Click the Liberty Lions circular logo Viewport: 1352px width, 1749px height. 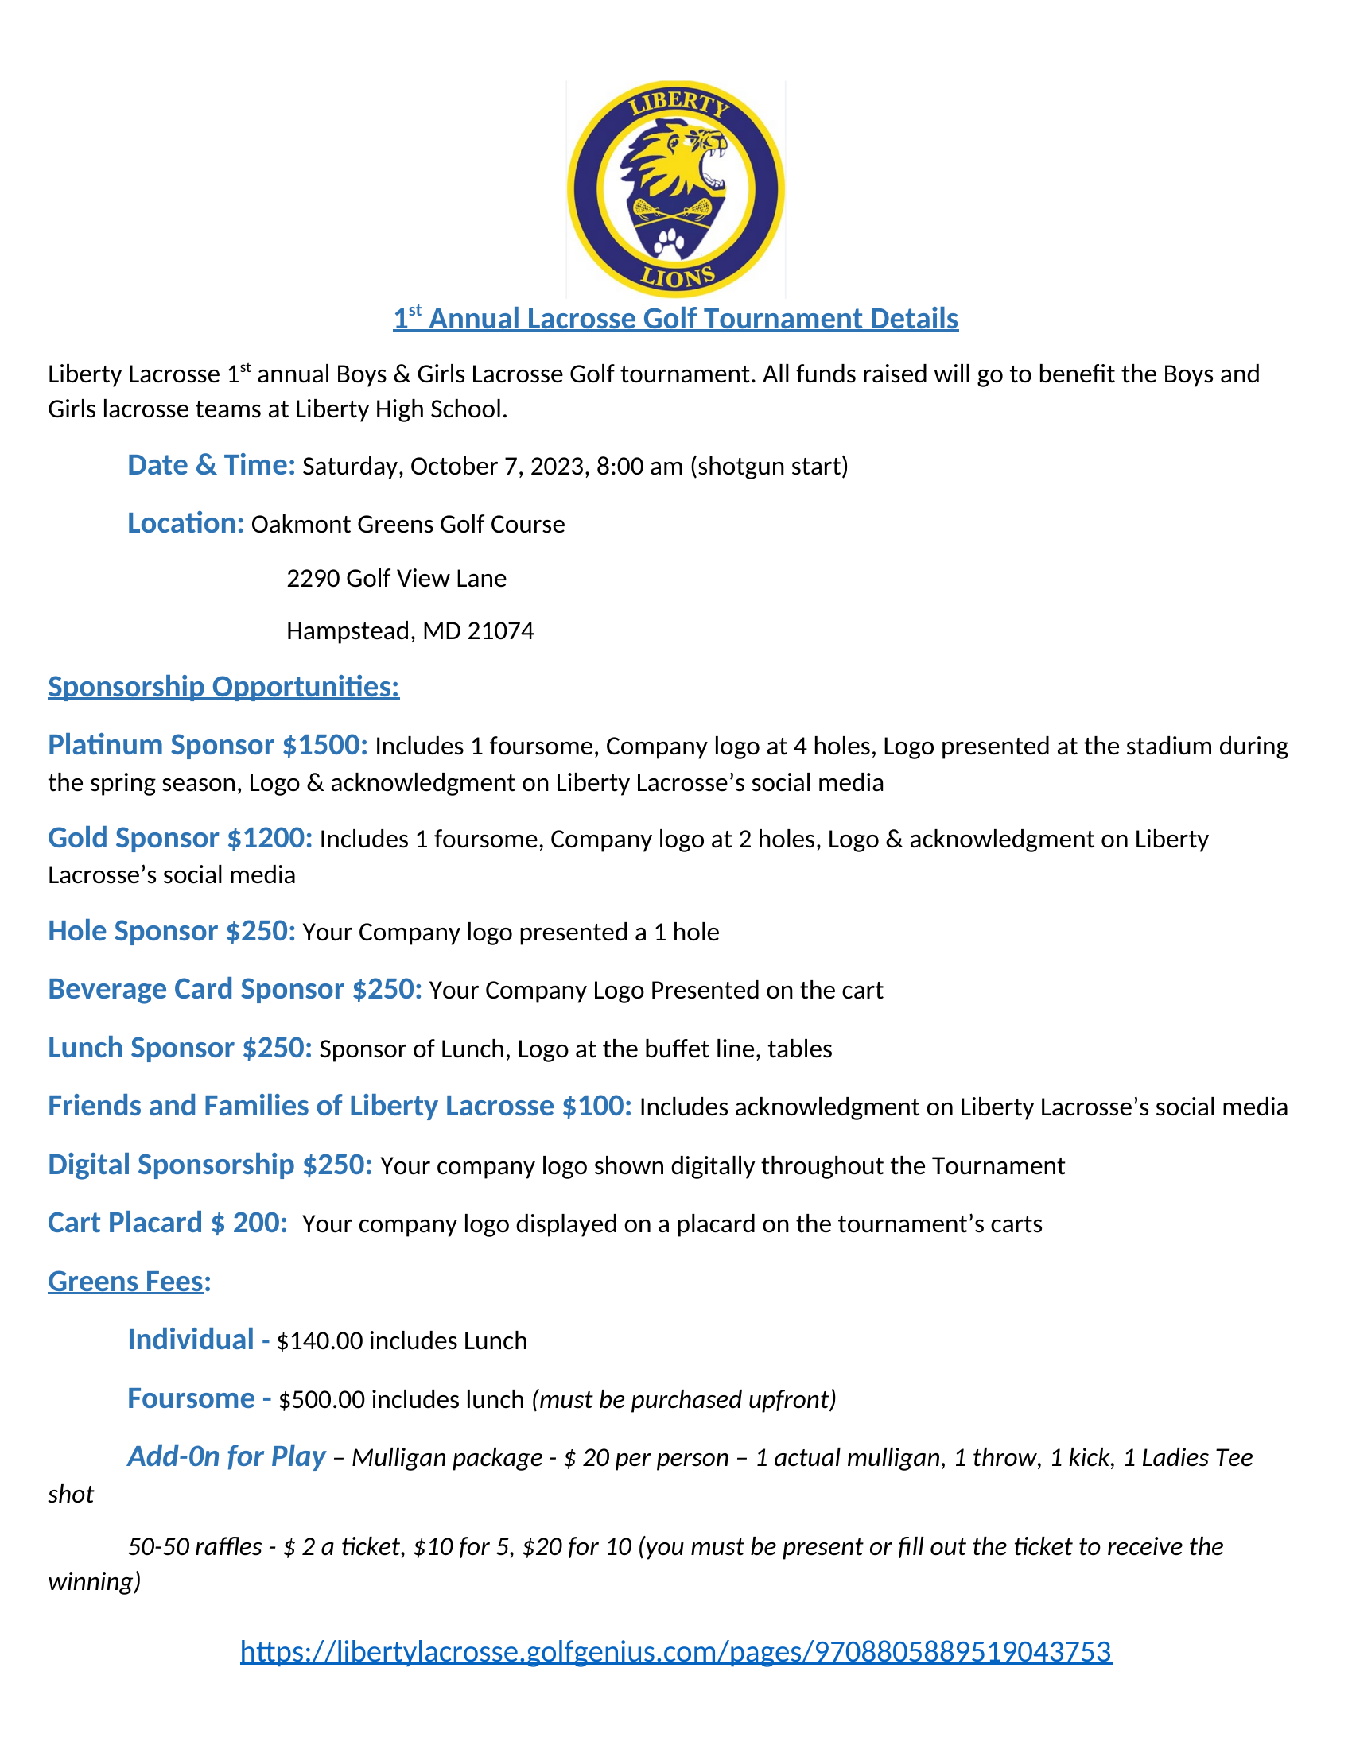coord(675,189)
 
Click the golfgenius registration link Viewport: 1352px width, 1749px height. coord(675,1650)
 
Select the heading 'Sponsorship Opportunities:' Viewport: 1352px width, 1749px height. coord(223,686)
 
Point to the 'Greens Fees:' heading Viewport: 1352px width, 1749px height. coord(129,1282)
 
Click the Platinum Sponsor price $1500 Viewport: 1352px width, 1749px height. coord(324,745)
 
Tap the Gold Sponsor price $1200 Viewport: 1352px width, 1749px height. coord(269,838)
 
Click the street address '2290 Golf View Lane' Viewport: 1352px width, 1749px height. coord(397,578)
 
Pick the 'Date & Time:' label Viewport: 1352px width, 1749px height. coord(212,465)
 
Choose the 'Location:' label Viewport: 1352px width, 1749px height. coord(186,523)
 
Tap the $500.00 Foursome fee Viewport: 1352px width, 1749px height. coord(321,1400)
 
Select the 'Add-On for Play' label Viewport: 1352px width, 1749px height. coord(227,1456)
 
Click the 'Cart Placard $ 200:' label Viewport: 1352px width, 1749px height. coord(167,1223)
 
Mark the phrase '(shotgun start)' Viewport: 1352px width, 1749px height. coord(769,466)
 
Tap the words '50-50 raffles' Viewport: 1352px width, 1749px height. coord(195,1546)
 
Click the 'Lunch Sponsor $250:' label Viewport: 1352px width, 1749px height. coord(180,1048)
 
